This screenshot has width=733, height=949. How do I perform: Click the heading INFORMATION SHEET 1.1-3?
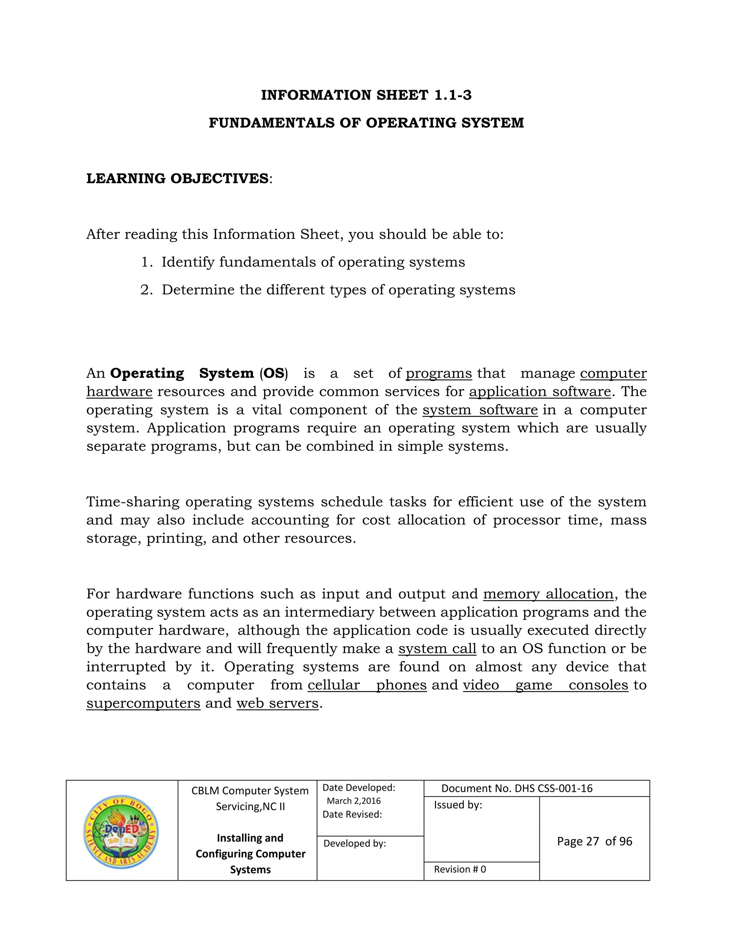pyautogui.click(x=366, y=95)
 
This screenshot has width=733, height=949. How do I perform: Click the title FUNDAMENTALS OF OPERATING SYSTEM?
pyautogui.click(x=366, y=123)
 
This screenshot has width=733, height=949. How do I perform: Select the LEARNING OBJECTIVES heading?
pyautogui.click(x=178, y=179)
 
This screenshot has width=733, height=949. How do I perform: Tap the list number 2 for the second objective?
pyautogui.click(x=146, y=290)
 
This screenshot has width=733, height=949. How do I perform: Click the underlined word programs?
pyautogui.click(x=438, y=373)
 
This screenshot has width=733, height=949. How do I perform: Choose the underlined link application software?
pyautogui.click(x=540, y=391)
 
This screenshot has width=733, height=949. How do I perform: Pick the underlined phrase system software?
pyautogui.click(x=480, y=410)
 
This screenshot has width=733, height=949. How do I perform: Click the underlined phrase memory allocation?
pyautogui.click(x=548, y=594)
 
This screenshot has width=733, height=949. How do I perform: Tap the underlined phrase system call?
pyautogui.click(x=437, y=649)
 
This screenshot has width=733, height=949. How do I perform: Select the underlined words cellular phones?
pyautogui.click(x=367, y=685)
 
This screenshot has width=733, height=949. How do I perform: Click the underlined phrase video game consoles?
pyautogui.click(x=545, y=685)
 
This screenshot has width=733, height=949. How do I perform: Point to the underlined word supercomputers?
pyautogui.click(x=143, y=703)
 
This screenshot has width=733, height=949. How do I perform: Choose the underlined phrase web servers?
pyautogui.click(x=277, y=703)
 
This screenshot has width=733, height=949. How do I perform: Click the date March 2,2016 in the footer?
pyautogui.click(x=354, y=801)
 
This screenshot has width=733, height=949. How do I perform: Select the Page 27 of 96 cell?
pyautogui.click(x=594, y=842)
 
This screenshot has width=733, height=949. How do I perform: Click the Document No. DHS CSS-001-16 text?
pyautogui.click(x=517, y=789)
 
